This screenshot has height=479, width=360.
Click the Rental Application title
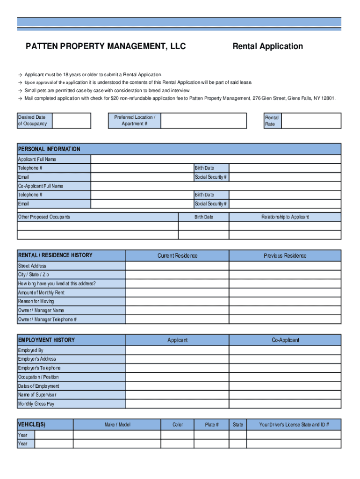[x=267, y=46]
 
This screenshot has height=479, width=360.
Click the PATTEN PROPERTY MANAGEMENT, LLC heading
[x=106, y=46]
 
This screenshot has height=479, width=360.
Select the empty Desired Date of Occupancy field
[x=72, y=121]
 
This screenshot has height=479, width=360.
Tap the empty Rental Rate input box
[x=311, y=121]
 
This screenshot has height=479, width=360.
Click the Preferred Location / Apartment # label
[x=135, y=121]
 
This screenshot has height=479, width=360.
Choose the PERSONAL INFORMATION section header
[x=49, y=149]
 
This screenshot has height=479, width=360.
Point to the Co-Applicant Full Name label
[x=41, y=186]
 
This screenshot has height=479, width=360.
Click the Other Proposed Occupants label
[x=44, y=217]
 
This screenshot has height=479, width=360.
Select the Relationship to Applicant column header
[x=285, y=217]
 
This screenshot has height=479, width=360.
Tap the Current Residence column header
[x=177, y=255]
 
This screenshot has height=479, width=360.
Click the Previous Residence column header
[x=285, y=255]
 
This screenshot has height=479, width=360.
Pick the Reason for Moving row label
[x=36, y=301]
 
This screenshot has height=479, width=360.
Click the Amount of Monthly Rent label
[x=41, y=292]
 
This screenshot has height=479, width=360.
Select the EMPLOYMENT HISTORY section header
[x=46, y=340]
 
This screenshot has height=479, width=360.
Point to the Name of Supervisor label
[x=37, y=395]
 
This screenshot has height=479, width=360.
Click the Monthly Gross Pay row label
[x=36, y=404]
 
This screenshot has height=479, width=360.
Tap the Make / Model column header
[x=117, y=425]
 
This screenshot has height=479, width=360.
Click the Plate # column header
[x=211, y=425]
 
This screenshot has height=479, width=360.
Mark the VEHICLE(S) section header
[x=32, y=425]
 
